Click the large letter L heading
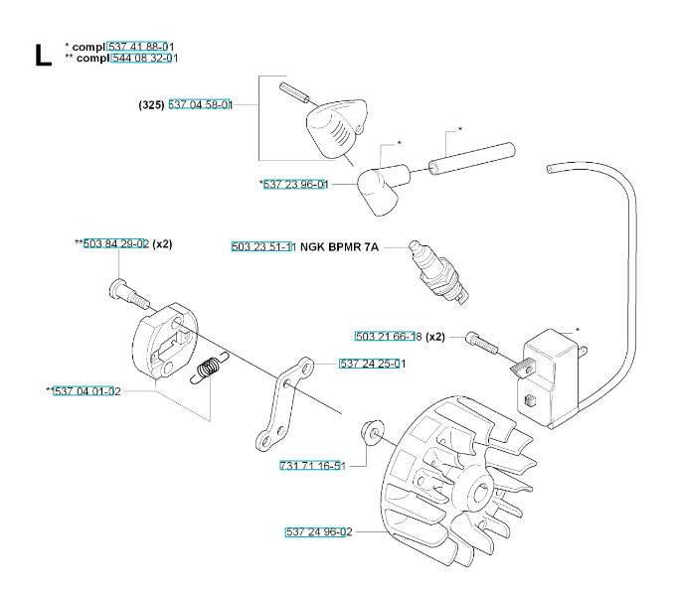(41, 54)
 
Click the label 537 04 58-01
(200, 104)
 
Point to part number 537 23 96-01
(294, 184)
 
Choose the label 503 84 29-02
(115, 243)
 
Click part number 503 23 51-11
(262, 246)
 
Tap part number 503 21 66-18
(388, 336)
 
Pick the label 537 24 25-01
(372, 364)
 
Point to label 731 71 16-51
(311, 466)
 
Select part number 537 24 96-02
(318, 532)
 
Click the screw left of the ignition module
(482, 343)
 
